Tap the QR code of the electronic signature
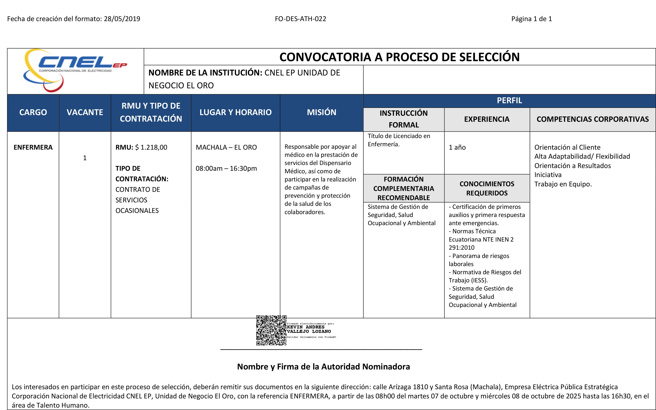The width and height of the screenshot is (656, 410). pyautogui.click(x=271, y=330)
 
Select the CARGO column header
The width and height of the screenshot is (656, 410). pyautogui.click(x=33, y=112)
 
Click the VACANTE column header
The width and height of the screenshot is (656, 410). pyautogui.click(x=85, y=112)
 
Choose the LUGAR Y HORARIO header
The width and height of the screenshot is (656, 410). pyautogui.click(x=235, y=112)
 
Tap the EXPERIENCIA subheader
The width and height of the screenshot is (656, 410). pyautogui.click(x=487, y=119)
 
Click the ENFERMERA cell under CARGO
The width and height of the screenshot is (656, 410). pyautogui.click(x=33, y=147)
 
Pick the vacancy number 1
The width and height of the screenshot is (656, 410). pyautogui.click(x=85, y=158)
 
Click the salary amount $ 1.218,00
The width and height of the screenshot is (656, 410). pyautogui.click(x=151, y=147)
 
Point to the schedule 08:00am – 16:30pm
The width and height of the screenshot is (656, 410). pyautogui.click(x=226, y=168)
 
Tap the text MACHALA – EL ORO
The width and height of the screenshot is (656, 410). pyautogui.click(x=226, y=147)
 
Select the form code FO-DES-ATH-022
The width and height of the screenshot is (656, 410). pyautogui.click(x=300, y=19)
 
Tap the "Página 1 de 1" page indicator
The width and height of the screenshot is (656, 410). pyautogui.click(x=531, y=19)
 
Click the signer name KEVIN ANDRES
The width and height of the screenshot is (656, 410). pyautogui.click(x=306, y=327)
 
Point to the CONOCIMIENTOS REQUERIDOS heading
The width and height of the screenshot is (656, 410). pyautogui.click(x=487, y=189)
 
